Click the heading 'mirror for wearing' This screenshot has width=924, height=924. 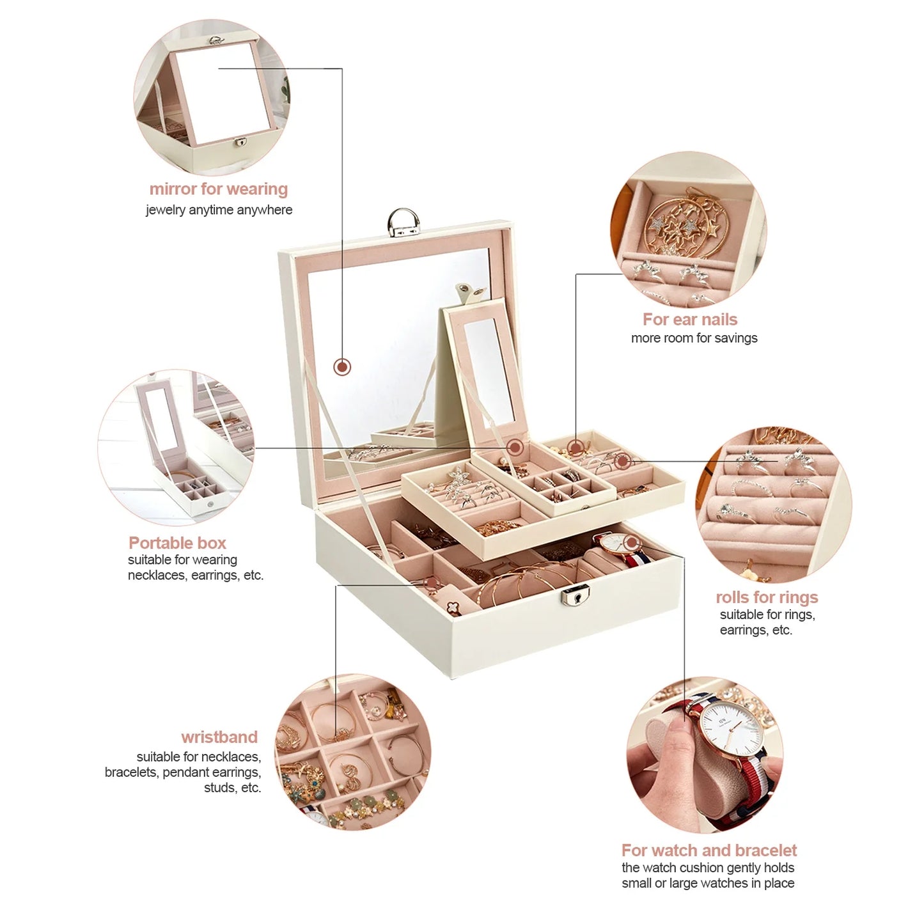(x=219, y=189)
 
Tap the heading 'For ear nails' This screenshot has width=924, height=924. (x=689, y=319)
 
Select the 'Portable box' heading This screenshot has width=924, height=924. (x=177, y=543)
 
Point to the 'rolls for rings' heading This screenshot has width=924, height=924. (x=767, y=597)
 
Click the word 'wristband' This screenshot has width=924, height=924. (x=219, y=737)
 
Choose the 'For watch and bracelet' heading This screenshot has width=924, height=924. (x=709, y=850)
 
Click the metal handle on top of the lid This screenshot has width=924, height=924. (x=403, y=223)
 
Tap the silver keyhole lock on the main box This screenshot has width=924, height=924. (x=574, y=597)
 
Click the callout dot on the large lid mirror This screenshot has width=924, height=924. (x=342, y=367)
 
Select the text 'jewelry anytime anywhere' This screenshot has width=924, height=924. (x=219, y=210)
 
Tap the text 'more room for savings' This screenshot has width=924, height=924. (x=694, y=338)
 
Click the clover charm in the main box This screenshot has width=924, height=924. (x=453, y=608)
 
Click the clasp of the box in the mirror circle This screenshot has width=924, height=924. (x=240, y=143)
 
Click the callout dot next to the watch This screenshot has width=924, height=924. (x=632, y=543)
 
